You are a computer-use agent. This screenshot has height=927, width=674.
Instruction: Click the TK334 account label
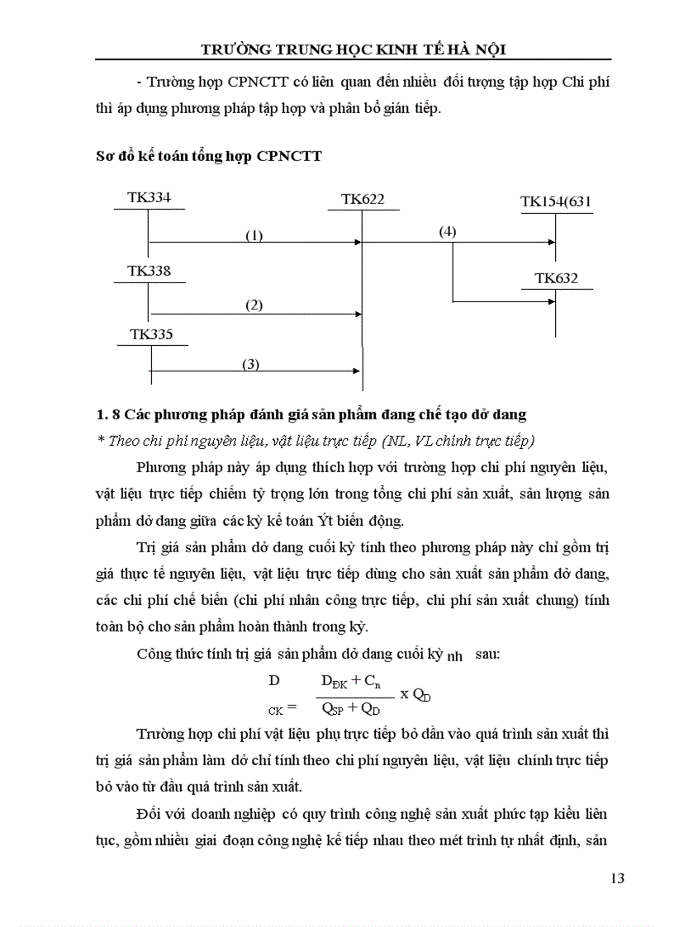[x=149, y=198]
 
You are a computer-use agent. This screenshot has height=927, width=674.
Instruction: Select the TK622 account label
[x=362, y=199]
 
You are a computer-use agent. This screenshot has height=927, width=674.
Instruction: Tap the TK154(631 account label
[x=555, y=201]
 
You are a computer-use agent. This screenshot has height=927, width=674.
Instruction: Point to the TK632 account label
[x=556, y=278]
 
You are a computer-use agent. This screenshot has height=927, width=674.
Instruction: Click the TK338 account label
[x=149, y=271]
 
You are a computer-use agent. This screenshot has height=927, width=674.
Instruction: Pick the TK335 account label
[x=152, y=334]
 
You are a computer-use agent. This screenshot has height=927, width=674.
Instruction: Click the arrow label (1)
[x=254, y=235]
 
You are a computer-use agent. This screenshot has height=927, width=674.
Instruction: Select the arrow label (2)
[x=254, y=305]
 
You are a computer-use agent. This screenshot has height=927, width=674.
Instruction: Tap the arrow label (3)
[x=251, y=363]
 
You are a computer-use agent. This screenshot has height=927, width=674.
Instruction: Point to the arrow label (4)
[x=447, y=231]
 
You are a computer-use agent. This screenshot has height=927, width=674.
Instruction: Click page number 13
[x=616, y=877]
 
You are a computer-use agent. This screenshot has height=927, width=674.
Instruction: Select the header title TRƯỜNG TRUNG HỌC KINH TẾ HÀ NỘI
[x=354, y=50]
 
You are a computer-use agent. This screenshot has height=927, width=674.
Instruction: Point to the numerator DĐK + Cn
[x=349, y=682]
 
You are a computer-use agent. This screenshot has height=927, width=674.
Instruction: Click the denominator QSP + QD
[x=351, y=707]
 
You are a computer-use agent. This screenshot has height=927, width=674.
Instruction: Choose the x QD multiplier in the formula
[x=416, y=694]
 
